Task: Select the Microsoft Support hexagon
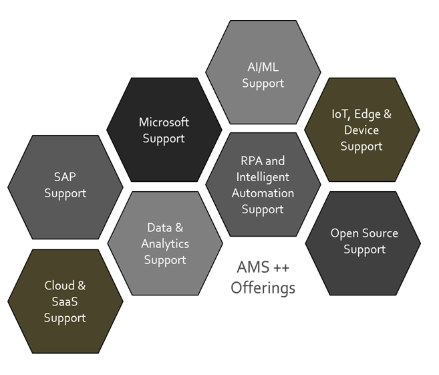pos(164,130)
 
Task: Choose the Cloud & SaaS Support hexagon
pos(65,301)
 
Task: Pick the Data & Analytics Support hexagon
pos(164,244)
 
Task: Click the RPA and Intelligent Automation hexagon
pos(263,184)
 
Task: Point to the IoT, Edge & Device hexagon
pos(361,130)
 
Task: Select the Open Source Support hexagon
pos(363,242)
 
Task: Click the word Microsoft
pos(164,122)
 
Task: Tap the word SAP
pos(65,177)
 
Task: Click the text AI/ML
pos(263,67)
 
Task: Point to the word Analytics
pos(164,244)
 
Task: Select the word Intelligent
pos(263,177)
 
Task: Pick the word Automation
pos(263,193)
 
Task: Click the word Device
pos(361,130)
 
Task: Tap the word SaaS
pos(65,301)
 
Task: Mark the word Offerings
pos(263,288)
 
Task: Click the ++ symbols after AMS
pos(280,267)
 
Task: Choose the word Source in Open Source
pos(380,233)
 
